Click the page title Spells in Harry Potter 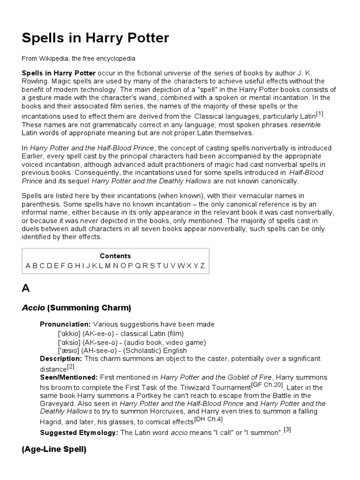[95, 38]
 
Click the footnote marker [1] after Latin [320, 114]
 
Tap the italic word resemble [306, 125]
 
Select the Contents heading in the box [115, 256]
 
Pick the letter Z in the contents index [202, 266]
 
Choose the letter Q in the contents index [138, 266]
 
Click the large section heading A [26, 288]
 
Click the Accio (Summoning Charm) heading [76, 308]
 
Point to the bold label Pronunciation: [65, 324]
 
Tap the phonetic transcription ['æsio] [69, 350]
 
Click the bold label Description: [61, 359]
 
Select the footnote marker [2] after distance [71, 367]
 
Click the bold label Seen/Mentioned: [69, 377]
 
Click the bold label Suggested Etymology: [79, 433]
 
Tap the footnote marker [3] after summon [287, 430]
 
